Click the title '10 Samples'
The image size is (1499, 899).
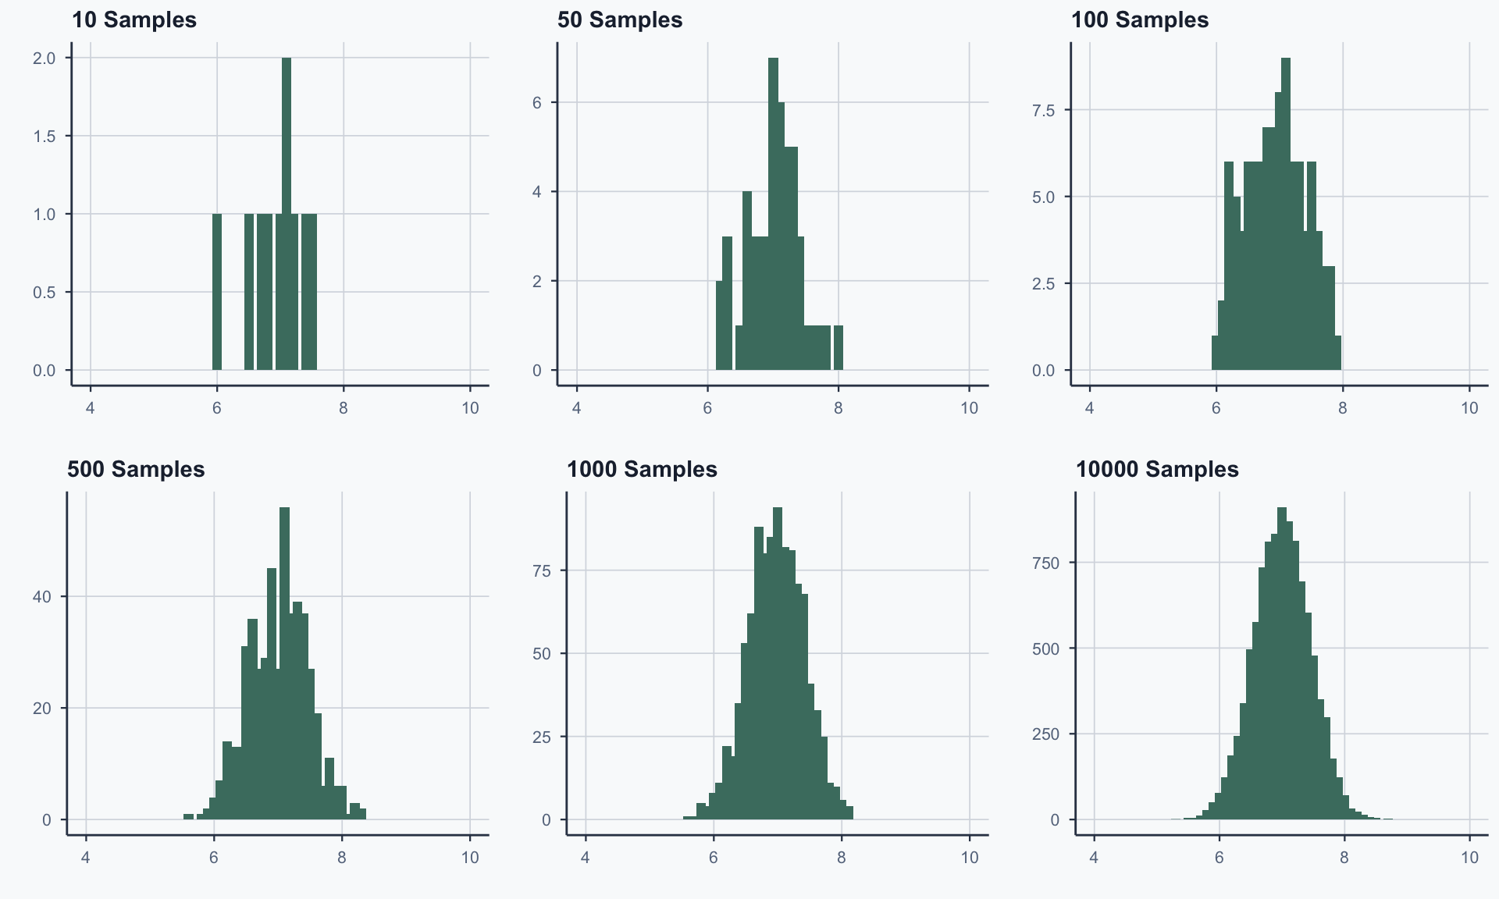tap(134, 20)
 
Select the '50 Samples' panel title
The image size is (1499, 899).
tap(619, 20)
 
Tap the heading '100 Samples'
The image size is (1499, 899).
tap(1139, 20)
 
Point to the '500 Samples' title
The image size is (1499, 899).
tap(136, 469)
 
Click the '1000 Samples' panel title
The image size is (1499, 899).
tap(641, 469)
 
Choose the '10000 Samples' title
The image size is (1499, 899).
tap(1156, 469)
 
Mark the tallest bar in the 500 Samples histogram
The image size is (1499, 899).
tap(284, 663)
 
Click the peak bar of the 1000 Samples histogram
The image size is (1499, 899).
tap(777, 663)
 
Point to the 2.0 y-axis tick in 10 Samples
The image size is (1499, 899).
tap(45, 58)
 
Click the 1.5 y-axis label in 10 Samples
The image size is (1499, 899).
tap(45, 136)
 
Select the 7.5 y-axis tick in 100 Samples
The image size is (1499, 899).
tap(1043, 111)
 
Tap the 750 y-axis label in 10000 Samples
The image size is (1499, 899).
tap(1045, 563)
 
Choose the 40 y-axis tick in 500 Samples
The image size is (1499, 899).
tap(42, 597)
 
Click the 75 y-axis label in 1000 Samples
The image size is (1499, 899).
tap(542, 571)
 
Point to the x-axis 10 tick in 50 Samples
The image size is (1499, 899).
tap(969, 408)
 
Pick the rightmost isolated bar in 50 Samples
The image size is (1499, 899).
tap(839, 347)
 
